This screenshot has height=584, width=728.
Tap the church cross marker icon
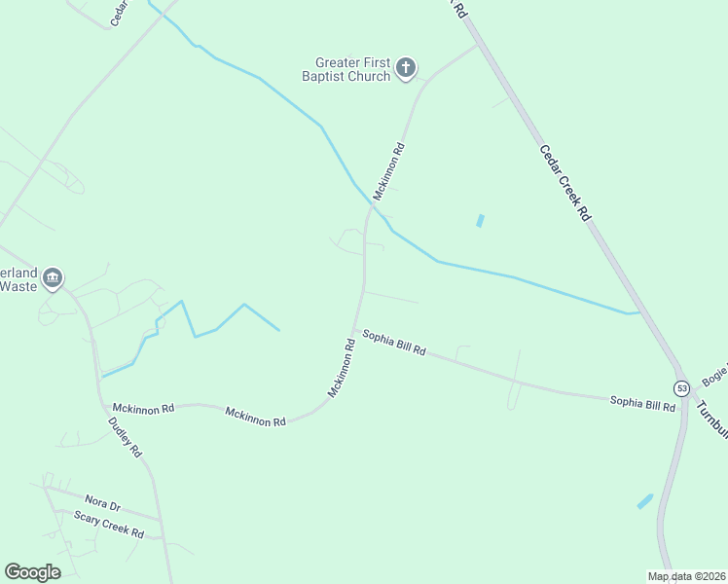(406, 69)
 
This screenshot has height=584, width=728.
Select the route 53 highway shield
(681, 388)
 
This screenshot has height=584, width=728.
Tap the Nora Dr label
(101, 505)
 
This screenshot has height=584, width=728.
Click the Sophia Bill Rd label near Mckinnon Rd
(394, 343)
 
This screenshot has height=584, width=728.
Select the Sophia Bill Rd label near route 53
(642, 403)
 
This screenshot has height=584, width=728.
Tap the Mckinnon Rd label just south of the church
(395, 172)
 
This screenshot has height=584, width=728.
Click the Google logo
(32, 572)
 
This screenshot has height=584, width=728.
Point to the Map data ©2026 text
(686, 576)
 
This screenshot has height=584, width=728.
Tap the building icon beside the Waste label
(53, 278)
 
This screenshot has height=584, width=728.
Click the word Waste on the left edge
(18, 286)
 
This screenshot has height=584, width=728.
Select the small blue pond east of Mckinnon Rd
(480, 221)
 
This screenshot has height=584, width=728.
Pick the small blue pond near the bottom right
(644, 501)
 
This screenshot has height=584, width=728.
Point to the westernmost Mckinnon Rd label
(143, 409)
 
